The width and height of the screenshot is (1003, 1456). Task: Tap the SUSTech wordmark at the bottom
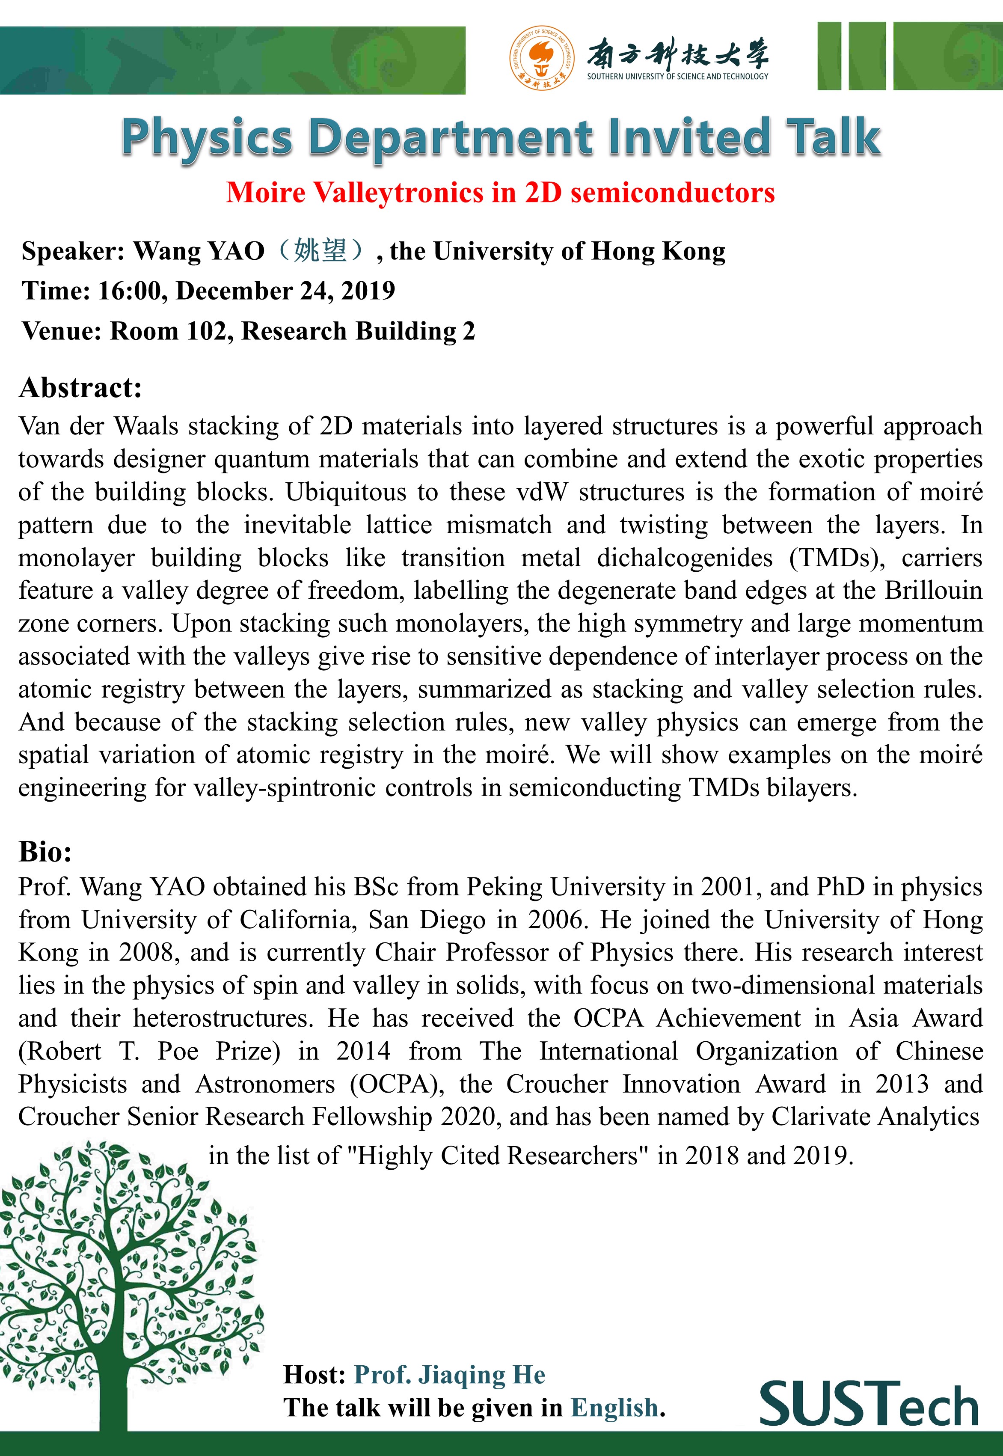coord(869,1403)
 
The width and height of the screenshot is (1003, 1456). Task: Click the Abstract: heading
coord(80,388)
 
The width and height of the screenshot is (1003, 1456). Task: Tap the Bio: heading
coord(45,852)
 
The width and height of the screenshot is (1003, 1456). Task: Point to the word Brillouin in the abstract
coord(933,591)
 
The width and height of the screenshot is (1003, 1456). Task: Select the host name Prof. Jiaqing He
coord(449,1374)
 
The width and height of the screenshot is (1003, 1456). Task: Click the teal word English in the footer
coord(614,1408)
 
